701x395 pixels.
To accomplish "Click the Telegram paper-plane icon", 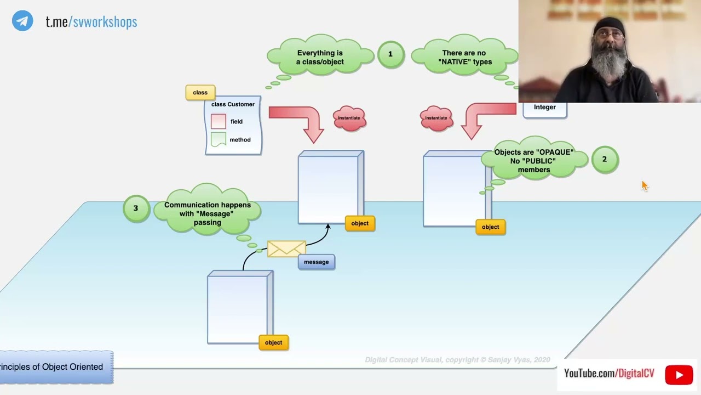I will click(x=22, y=21).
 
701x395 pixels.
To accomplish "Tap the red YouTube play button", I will click(x=679, y=375).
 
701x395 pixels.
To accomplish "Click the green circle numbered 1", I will click(x=390, y=54).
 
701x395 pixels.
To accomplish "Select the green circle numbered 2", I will click(x=605, y=160).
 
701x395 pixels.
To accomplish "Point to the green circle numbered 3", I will click(x=136, y=208).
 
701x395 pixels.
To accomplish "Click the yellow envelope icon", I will click(x=286, y=249).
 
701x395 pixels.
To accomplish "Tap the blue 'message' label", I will click(x=316, y=262).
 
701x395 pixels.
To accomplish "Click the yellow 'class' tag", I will click(x=200, y=93).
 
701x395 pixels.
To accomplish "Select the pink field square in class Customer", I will click(x=219, y=121).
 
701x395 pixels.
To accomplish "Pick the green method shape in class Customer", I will click(x=219, y=139).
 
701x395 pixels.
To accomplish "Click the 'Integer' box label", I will click(x=544, y=108).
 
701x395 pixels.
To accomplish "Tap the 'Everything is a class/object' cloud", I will click(x=320, y=58).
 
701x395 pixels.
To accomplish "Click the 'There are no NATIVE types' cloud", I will click(x=464, y=58).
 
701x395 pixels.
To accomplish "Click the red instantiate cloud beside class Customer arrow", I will click(x=349, y=118).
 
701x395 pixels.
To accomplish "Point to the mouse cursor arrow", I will click(x=644, y=185).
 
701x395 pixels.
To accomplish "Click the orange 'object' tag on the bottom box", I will click(x=273, y=343).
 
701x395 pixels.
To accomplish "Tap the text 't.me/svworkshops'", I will click(x=91, y=22).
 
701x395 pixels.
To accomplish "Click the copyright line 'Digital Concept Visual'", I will click(x=457, y=360).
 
